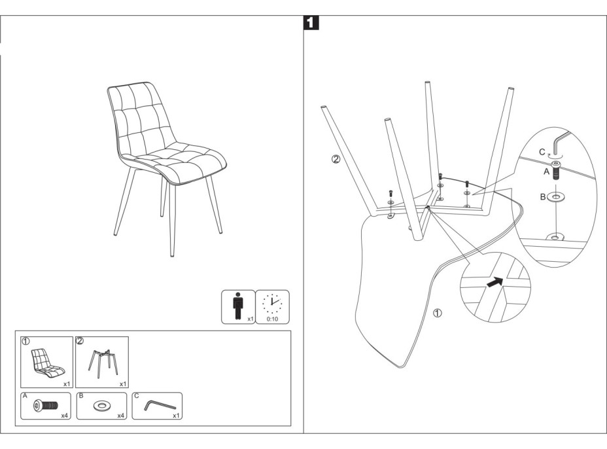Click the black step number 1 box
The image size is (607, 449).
[x=312, y=23]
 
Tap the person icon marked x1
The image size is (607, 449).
[x=236, y=306]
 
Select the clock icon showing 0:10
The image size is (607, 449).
[x=271, y=303]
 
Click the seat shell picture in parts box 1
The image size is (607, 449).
[x=45, y=363]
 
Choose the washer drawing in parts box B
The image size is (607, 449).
[x=101, y=406]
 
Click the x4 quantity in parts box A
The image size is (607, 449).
[x=65, y=415]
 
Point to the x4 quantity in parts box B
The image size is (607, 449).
[x=120, y=415]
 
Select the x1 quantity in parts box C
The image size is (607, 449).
[x=176, y=415]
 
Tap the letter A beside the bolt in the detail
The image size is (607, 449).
[x=546, y=173]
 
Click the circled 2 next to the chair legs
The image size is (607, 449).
[x=336, y=159]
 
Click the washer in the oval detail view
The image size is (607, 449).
[x=557, y=196]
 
